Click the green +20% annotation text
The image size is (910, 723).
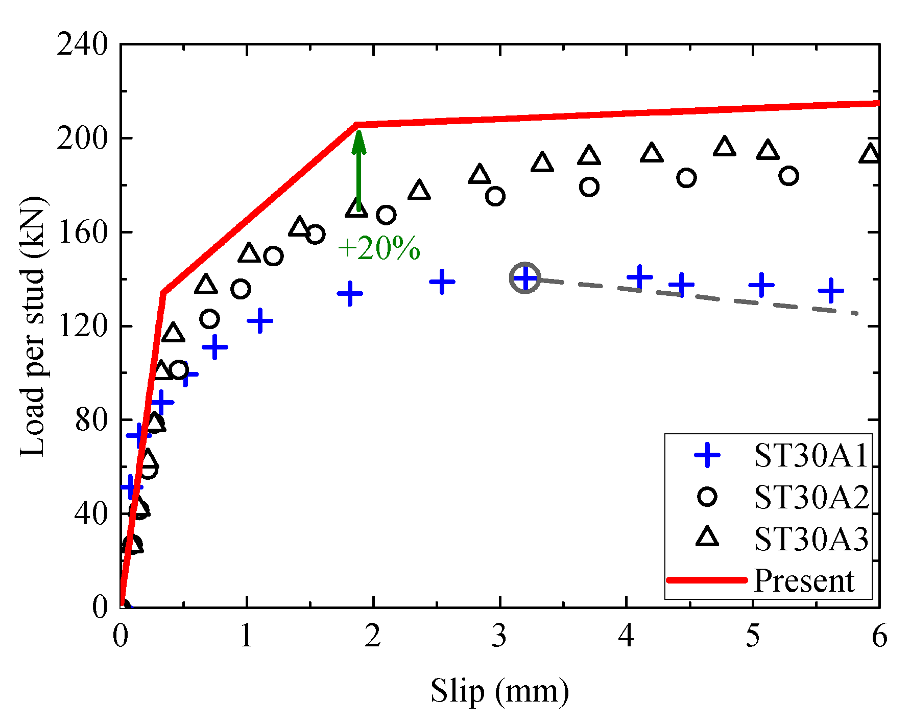[379, 249]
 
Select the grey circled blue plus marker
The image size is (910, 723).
[525, 278]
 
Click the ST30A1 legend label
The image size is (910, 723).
[811, 455]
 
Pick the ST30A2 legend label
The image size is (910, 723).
[811, 497]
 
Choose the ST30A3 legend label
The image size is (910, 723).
[811, 539]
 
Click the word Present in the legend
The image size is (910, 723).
[804, 580]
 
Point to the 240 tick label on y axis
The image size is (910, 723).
[82, 44]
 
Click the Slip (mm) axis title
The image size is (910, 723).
[499, 691]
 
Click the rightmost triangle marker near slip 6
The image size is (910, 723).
[870, 153]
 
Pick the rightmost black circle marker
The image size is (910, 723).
[788, 176]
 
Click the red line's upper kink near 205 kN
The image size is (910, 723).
[356, 124]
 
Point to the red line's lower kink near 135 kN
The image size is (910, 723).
[163, 292]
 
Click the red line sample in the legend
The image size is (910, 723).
[707, 580]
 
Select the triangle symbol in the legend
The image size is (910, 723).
[707, 538]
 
